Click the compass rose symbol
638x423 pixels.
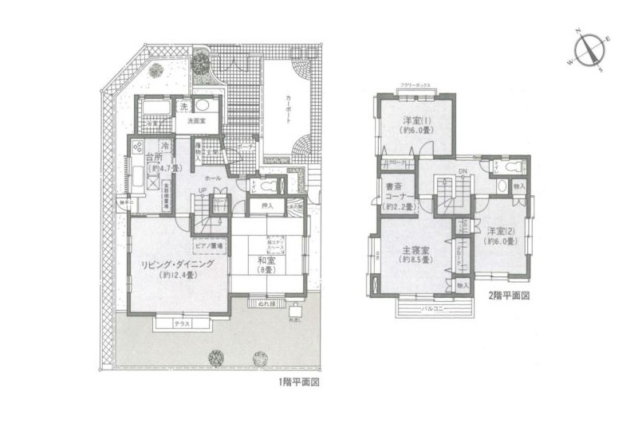591,49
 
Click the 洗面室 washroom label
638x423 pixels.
197,123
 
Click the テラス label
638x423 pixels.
181,324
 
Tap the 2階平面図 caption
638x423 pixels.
509,295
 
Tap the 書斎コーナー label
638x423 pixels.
397,194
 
